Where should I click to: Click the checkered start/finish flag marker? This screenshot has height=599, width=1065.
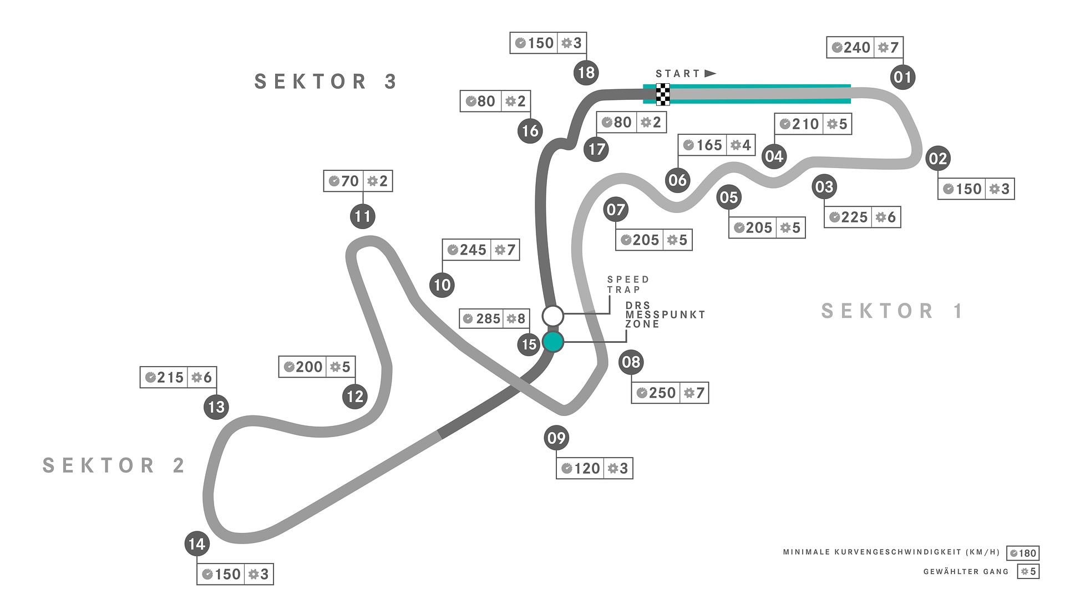pyautogui.click(x=663, y=94)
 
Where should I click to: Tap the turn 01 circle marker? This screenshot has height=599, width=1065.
pyautogui.click(x=902, y=77)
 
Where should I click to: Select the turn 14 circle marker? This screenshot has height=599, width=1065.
pyautogui.click(x=197, y=544)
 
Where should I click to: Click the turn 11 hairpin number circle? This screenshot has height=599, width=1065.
pyautogui.click(x=363, y=216)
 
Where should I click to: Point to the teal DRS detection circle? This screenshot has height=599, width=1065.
pyautogui.click(x=553, y=342)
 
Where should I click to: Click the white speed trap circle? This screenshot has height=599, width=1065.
pyautogui.click(x=553, y=316)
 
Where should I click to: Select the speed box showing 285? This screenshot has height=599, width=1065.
pyautogui.click(x=481, y=319)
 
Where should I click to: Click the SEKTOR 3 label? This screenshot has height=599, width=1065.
pyautogui.click(x=326, y=82)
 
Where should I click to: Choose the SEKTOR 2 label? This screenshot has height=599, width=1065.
pyautogui.click(x=113, y=465)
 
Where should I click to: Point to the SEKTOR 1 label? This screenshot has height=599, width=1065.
pyautogui.click(x=891, y=311)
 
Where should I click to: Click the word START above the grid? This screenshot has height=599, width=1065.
pyautogui.click(x=678, y=74)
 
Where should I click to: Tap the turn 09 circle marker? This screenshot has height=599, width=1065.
pyautogui.click(x=556, y=438)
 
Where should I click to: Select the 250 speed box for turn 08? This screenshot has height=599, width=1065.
pyautogui.click(x=656, y=393)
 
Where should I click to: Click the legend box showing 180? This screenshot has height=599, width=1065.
pyautogui.click(x=1023, y=553)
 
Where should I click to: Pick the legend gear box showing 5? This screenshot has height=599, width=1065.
pyautogui.click(x=1028, y=571)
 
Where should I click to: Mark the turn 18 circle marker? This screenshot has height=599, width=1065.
pyautogui.click(x=586, y=73)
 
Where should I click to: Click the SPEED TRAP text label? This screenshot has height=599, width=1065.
pyautogui.click(x=628, y=285)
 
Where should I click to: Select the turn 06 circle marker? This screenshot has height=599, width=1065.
pyautogui.click(x=677, y=180)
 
